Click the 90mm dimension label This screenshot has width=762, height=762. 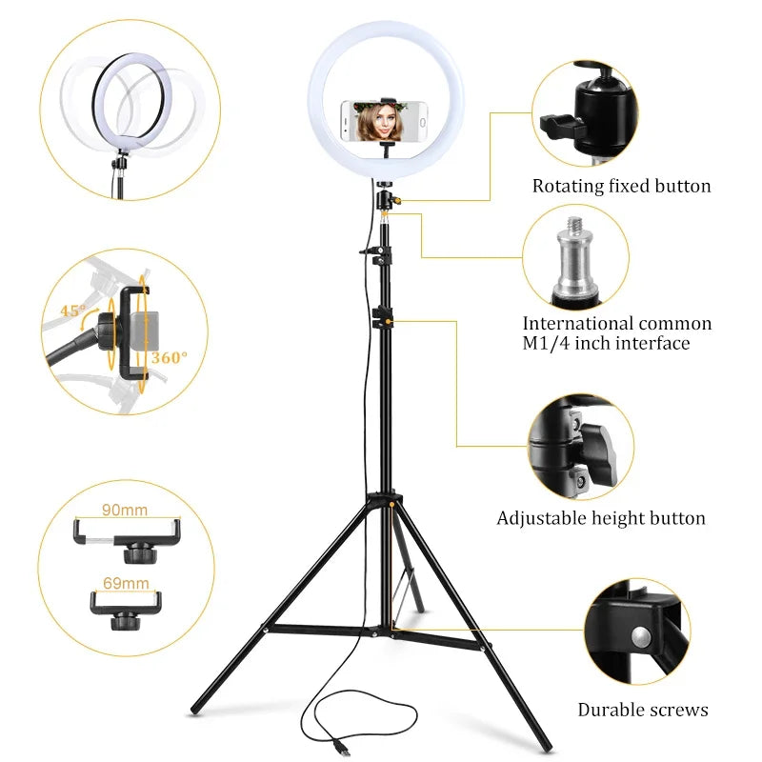125,511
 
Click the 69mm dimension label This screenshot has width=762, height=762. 126,583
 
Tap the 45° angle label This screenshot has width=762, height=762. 72,311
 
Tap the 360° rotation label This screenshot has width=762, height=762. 170,357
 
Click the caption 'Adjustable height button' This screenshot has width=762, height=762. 601,519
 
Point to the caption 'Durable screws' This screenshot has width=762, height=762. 643,710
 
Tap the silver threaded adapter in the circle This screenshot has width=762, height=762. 574,258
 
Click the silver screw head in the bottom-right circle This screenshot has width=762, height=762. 641,635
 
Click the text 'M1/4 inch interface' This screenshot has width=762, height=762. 606,344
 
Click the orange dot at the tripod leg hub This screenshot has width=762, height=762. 389,499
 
